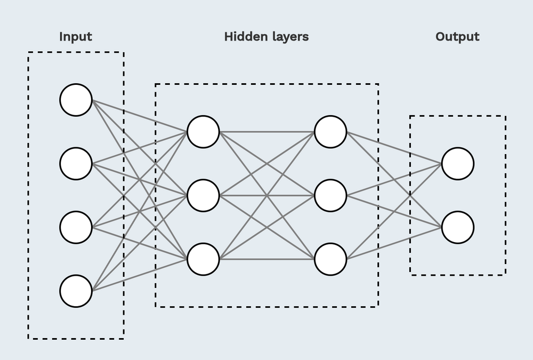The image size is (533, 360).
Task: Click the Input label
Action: [76, 37]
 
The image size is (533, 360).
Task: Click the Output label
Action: [457, 37]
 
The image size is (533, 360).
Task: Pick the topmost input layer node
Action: [76, 100]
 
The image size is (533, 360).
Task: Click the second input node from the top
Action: [76, 164]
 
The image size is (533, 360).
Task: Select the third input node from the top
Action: [76, 227]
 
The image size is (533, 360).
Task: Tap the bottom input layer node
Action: [76, 291]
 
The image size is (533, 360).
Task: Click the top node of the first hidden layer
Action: [203, 132]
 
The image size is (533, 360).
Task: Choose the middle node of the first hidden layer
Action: [203, 195]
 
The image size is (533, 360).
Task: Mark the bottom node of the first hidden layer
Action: [203, 259]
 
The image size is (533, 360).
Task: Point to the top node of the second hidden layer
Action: [330, 132]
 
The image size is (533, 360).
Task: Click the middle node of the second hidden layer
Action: [330, 195]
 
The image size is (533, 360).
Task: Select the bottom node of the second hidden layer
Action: [330, 259]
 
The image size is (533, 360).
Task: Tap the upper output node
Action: [457, 164]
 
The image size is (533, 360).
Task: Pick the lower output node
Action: [457, 227]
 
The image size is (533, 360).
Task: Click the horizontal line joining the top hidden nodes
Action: [267, 132]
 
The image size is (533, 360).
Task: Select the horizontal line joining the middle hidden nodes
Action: [267, 195]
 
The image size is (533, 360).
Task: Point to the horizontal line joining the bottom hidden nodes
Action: [267, 259]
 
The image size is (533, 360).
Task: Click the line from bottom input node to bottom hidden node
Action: [139, 275]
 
